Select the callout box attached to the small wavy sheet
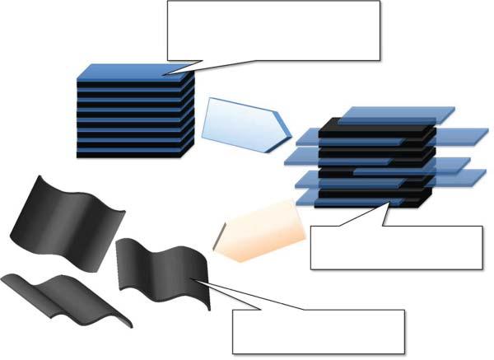(x=319, y=331)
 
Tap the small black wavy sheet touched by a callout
(x=161, y=268)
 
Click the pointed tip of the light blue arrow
(x=290, y=130)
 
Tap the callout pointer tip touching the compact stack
(x=165, y=74)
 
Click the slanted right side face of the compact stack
(x=189, y=115)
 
